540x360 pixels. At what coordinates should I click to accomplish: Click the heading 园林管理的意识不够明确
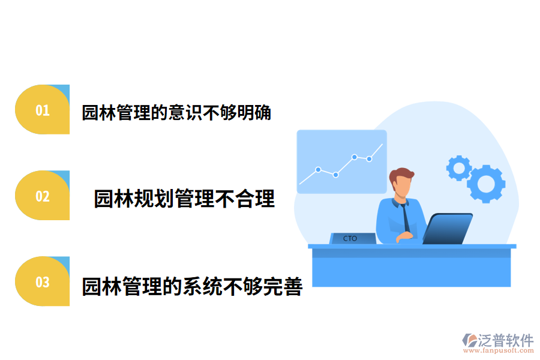pyautogui.click(x=176, y=113)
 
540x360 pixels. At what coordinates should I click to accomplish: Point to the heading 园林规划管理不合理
pyautogui.click(x=184, y=199)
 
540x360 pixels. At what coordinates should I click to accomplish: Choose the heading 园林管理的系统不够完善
pyautogui.click(x=192, y=286)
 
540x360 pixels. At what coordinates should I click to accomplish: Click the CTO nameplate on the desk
pyautogui.click(x=352, y=238)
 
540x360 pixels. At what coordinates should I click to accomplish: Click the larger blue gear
pyautogui.click(x=485, y=183)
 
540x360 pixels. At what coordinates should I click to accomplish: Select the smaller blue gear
pyautogui.click(x=459, y=167)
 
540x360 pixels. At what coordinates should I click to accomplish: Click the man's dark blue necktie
pyautogui.click(x=406, y=217)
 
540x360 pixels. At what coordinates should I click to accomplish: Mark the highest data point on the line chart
pyautogui.click(x=355, y=157)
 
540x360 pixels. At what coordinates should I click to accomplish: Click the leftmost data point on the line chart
pyautogui.click(x=318, y=169)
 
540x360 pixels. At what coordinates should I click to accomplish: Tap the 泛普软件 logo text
pyautogui.click(x=505, y=340)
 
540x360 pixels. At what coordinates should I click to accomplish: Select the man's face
pyautogui.click(x=403, y=188)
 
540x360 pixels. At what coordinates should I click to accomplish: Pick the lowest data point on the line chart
pyautogui.click(x=335, y=175)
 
